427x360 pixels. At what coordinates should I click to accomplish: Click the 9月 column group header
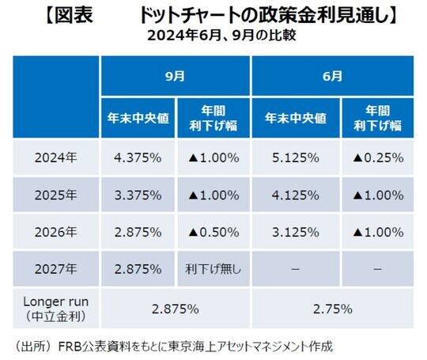176,77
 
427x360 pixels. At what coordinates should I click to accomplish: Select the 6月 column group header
333,77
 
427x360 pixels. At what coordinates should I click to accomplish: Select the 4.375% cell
138,157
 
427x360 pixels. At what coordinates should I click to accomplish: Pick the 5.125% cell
295,157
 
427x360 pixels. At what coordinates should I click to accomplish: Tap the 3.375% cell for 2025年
138,195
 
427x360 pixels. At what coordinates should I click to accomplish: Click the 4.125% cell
295,195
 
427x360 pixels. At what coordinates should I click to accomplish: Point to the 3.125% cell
295,232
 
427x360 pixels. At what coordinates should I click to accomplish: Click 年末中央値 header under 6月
295,118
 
